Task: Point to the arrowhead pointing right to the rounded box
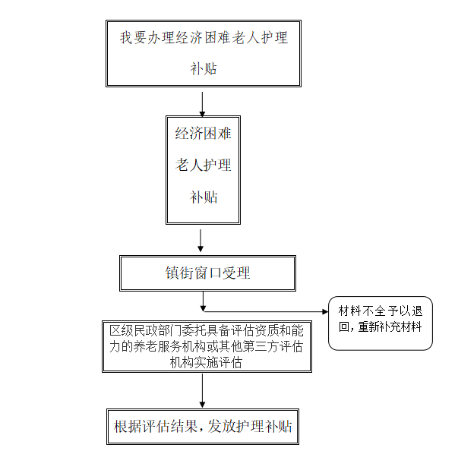pos(325,312)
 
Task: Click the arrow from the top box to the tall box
pos(202,104)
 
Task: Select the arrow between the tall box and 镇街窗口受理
pos(201,241)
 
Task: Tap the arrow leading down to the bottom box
pos(202,390)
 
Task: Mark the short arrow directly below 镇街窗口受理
pos(203,301)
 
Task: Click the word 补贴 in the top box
pos(204,69)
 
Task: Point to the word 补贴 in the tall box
pos(204,197)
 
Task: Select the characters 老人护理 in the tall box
pos(203,165)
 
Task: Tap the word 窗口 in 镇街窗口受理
pos(207,273)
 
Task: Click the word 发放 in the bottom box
pos(221,427)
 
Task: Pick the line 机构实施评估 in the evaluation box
pos(206,363)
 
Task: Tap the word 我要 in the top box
pos(133,38)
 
